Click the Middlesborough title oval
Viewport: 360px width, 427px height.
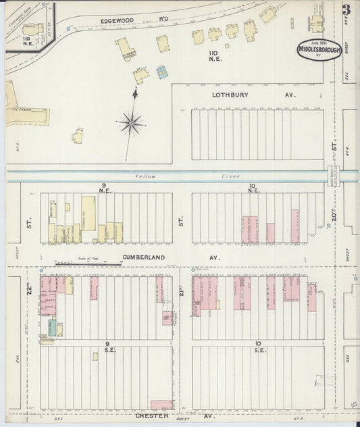pos(319,50)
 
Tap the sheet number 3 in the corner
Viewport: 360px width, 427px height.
pos(346,10)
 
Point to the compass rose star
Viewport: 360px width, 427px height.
pos(131,124)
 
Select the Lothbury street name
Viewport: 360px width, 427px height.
pos(232,95)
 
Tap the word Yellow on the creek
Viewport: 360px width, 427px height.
pos(145,176)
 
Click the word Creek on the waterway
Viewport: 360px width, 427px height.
pos(232,176)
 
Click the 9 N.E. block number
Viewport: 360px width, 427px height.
pos(105,188)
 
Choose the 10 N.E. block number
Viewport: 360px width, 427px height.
pos(253,188)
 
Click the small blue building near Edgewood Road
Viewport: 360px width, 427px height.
pos(162,72)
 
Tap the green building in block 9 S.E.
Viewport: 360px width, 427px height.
pos(52,328)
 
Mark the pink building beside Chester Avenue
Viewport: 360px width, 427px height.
pos(162,405)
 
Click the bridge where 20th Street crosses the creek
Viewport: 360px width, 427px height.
pos(333,176)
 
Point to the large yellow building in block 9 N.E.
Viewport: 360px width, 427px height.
pos(88,214)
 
